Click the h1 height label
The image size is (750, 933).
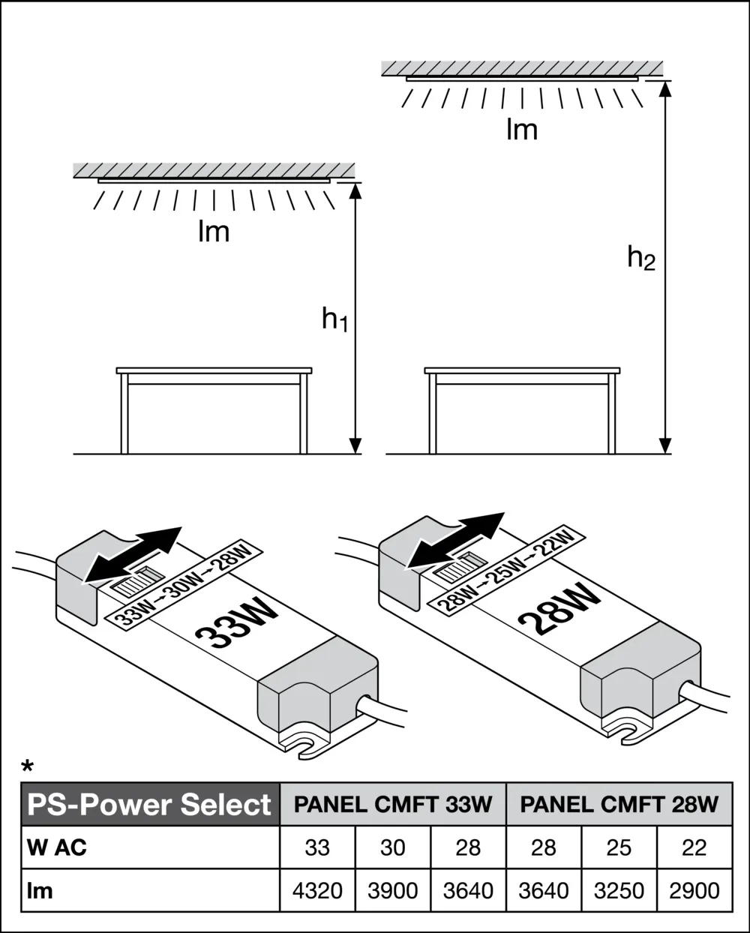[334, 319]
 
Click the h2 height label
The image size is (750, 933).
[641, 258]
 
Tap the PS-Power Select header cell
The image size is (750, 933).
[150, 805]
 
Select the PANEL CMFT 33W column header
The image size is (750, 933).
[393, 805]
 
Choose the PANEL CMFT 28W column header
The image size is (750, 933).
[619, 805]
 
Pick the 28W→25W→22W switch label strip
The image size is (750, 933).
[506, 570]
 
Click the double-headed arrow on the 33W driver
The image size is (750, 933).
[133, 556]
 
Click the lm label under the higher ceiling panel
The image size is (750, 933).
[522, 130]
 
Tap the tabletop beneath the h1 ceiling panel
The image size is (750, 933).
[214, 370]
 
